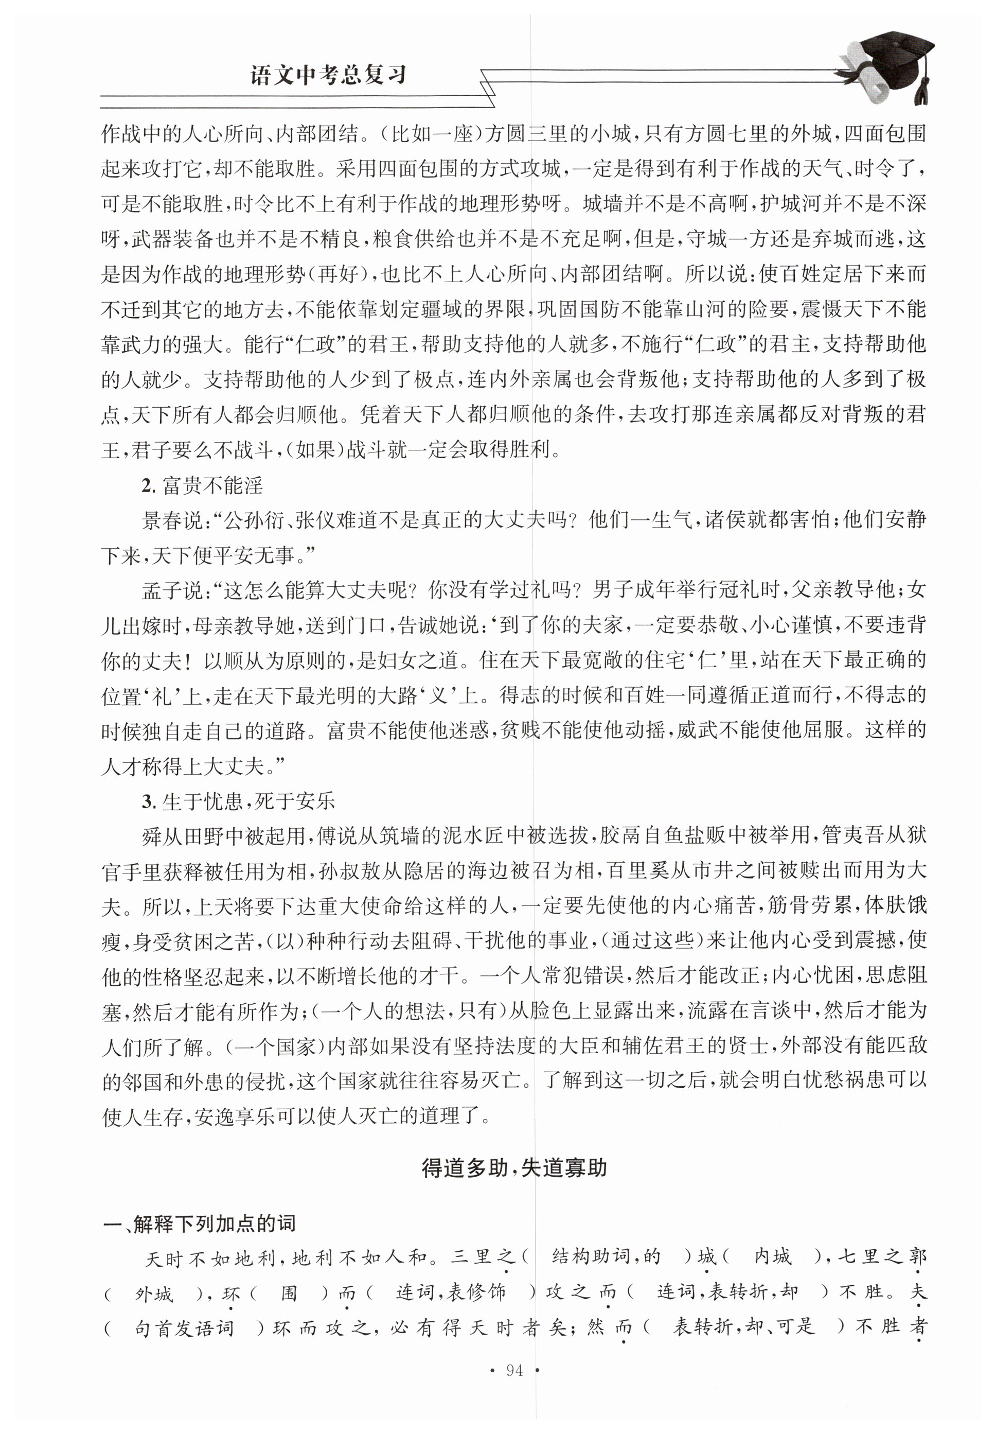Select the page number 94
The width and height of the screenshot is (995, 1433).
click(514, 1370)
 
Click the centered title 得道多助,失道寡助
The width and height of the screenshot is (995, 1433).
click(514, 1167)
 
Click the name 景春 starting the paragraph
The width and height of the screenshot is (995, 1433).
click(162, 520)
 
